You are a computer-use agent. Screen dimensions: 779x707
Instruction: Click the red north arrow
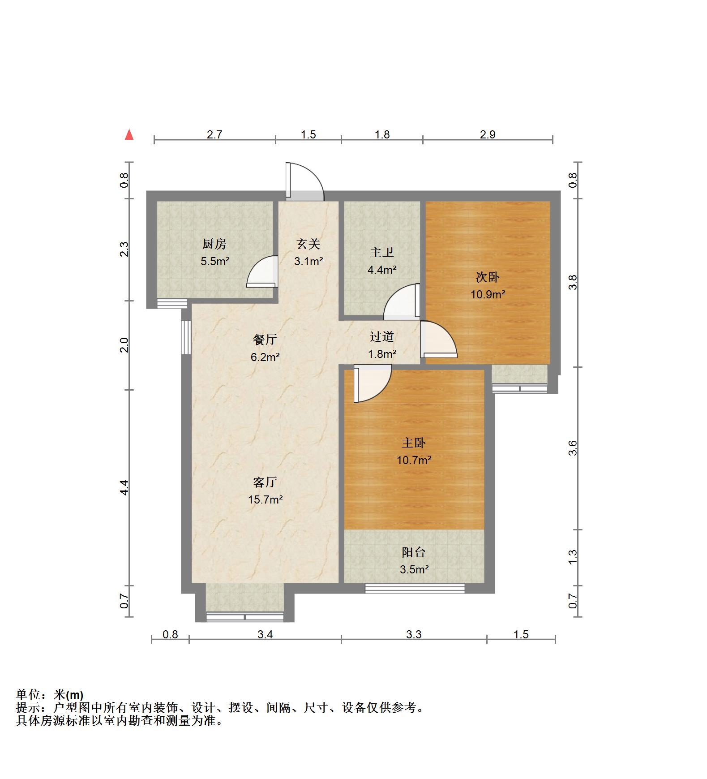[129, 134]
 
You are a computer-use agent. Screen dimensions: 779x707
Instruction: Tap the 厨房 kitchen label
[214, 244]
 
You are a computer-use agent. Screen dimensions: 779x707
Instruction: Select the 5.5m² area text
[215, 261]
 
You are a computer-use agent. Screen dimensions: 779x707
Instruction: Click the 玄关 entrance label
[309, 244]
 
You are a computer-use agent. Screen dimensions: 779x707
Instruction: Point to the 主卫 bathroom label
[381, 253]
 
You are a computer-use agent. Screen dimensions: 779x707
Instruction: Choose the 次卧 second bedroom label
[487, 277]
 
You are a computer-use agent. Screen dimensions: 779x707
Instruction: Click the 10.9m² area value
[488, 294]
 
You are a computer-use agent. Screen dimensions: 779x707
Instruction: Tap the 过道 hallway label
[382, 337]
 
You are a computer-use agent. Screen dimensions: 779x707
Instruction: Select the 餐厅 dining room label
[265, 340]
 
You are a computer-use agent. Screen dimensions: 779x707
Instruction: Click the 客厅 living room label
[265, 482]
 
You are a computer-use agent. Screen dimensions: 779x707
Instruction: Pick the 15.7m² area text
[265, 499]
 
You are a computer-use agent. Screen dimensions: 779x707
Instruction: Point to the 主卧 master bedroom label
[413, 443]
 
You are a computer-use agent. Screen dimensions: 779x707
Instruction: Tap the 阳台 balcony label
[413, 552]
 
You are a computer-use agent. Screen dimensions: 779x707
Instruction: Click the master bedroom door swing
[372, 383]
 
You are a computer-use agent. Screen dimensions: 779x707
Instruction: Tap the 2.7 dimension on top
[214, 134]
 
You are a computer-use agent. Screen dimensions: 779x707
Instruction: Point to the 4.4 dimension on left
[124, 487]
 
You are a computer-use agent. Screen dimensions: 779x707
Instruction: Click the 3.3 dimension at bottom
[414, 634]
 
